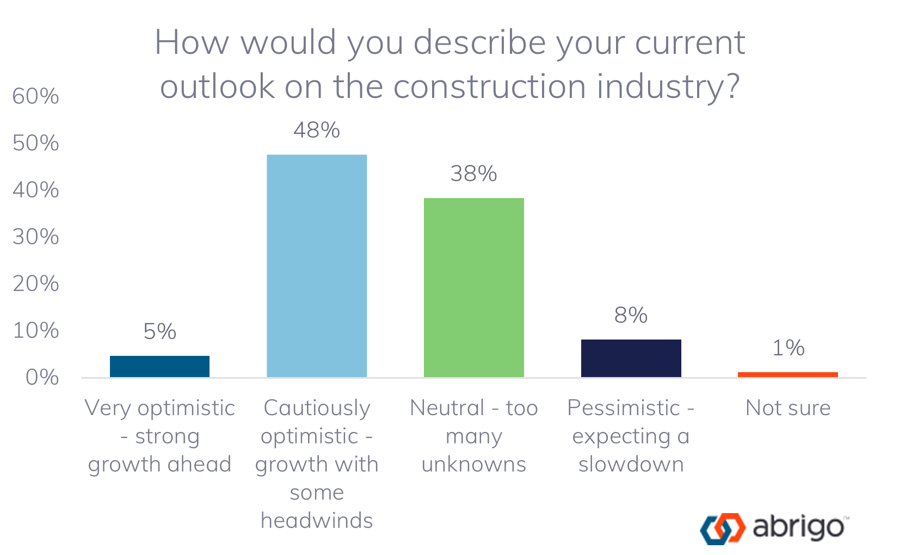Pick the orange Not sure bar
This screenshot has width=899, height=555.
coord(787,374)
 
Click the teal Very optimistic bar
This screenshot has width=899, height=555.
coord(159,366)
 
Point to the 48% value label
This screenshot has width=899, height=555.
coord(317,131)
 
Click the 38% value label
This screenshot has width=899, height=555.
coord(473,174)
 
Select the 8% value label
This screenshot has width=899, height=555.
coord(631,316)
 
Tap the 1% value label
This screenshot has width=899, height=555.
coord(788,348)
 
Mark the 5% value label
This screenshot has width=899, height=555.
coord(159,332)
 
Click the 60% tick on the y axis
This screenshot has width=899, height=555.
coord(36,97)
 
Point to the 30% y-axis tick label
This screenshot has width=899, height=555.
coord(36,237)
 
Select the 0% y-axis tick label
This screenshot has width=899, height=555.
coord(42,378)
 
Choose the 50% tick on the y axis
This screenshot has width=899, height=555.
coord(36,144)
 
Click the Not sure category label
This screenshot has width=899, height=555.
coord(788,408)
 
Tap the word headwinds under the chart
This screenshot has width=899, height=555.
coord(317,521)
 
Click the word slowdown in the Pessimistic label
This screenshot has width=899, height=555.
coord(631,465)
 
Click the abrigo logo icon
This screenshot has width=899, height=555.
coord(722,528)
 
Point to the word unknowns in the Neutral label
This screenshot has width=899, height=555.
coord(473,465)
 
